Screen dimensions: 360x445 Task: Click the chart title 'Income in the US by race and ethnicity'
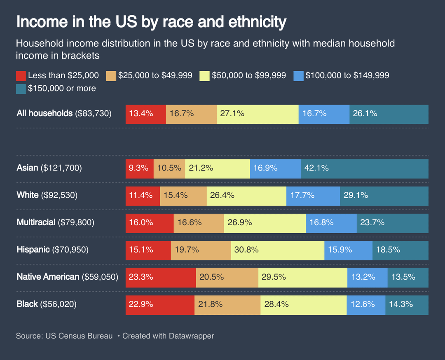[151, 22]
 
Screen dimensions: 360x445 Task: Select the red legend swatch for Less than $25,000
[21, 76]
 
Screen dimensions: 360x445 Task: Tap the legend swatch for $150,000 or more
[21, 89]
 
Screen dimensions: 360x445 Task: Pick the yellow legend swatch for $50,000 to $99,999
[204, 76]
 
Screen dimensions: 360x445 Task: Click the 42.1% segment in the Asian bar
[364, 168]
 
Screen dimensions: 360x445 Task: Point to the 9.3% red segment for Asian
[139, 168]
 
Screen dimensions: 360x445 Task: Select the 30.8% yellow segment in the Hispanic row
[277, 250]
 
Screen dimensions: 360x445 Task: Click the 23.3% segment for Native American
[160, 277]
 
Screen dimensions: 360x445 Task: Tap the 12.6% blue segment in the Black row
[365, 304]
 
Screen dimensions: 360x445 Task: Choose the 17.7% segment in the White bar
[313, 195]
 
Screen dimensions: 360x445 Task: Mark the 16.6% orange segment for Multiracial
[199, 223]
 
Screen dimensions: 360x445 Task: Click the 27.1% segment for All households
[257, 114]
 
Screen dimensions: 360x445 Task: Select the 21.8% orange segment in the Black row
[227, 304]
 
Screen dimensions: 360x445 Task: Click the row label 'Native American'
[48, 277]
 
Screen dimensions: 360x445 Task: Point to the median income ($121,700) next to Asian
[61, 168]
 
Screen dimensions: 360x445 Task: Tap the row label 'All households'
[44, 113]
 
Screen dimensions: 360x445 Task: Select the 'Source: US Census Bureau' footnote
[64, 336]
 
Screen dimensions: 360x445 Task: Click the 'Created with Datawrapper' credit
[168, 336]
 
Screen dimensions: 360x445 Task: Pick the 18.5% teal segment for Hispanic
[400, 250]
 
